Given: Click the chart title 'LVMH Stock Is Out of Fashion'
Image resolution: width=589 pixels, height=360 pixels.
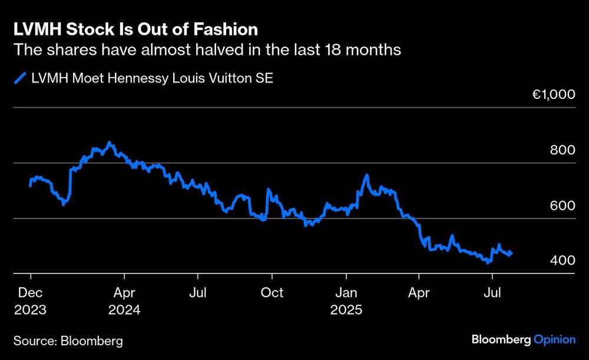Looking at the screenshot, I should (x=135, y=29).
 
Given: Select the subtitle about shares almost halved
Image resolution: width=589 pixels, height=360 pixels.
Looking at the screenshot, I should (x=207, y=50).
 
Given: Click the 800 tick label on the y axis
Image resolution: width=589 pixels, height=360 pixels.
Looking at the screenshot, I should (x=562, y=150).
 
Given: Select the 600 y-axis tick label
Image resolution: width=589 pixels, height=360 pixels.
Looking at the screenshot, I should (x=562, y=205).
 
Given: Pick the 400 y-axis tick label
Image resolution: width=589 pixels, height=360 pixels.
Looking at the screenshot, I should (x=562, y=260).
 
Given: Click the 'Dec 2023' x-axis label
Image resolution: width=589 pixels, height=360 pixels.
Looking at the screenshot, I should (x=29, y=300).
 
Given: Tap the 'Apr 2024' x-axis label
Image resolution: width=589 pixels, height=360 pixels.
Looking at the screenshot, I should (x=124, y=300).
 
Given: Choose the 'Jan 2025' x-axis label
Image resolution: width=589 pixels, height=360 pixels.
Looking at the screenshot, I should (x=346, y=300).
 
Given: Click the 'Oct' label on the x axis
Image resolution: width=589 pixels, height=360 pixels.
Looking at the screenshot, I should (x=272, y=292).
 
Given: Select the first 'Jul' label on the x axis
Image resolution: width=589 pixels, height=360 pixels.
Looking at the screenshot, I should (x=198, y=292).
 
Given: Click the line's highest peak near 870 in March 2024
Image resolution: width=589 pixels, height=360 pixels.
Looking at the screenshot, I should (x=108, y=143).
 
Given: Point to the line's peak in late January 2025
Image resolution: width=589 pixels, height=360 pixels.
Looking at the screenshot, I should (x=367, y=175).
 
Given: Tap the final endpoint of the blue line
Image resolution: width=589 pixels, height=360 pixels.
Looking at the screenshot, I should (x=511, y=253).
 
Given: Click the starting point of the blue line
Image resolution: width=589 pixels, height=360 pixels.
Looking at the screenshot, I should (x=31, y=186).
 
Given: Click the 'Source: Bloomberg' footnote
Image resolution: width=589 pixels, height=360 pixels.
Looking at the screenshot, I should (x=68, y=341).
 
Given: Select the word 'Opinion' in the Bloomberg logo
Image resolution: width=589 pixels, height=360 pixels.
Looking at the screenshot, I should (x=554, y=339).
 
